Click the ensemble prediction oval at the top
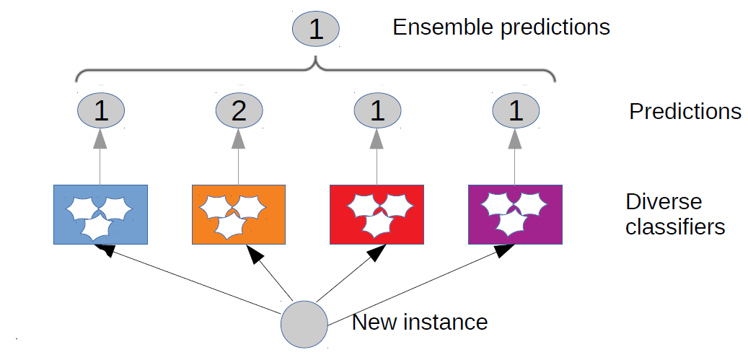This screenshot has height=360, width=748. coord(315,30)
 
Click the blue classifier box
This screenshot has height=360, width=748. coord(101,214)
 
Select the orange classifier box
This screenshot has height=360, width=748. coord(239,214)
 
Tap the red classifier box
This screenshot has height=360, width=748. coord(377,214)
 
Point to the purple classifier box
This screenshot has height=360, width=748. coord(515,214)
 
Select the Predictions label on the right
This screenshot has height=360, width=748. coord(685,112)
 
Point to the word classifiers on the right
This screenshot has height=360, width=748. coord(674,227)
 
